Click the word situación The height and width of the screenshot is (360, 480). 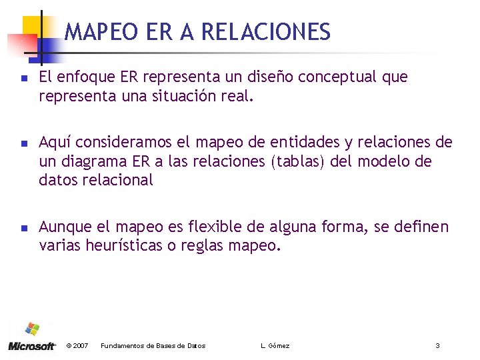tap(181, 96)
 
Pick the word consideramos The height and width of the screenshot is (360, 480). tap(126, 142)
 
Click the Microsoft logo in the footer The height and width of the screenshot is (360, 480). tap(31, 337)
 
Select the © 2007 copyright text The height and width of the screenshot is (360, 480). tap(78, 345)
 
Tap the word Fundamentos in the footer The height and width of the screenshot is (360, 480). tap(121, 345)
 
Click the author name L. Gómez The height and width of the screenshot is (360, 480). tap(275, 345)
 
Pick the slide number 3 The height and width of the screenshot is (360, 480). tap(437, 345)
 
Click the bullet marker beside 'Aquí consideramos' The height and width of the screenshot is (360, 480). tap(22, 143)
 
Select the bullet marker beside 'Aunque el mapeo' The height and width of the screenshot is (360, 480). tap(22, 227)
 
